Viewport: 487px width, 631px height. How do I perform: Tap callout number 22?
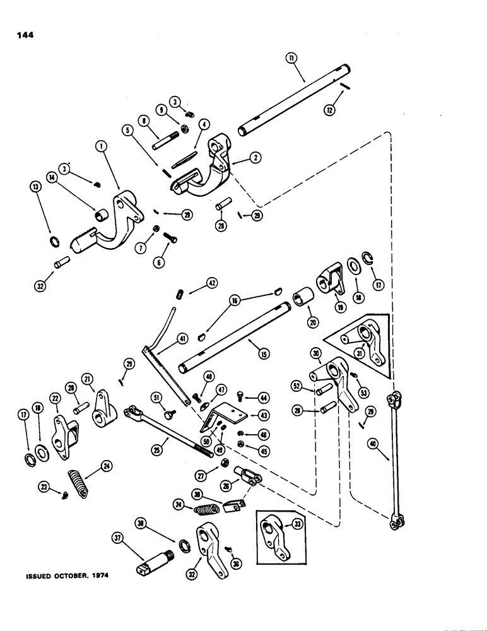click(x=56, y=399)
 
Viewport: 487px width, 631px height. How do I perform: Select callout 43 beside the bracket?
click(x=262, y=415)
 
